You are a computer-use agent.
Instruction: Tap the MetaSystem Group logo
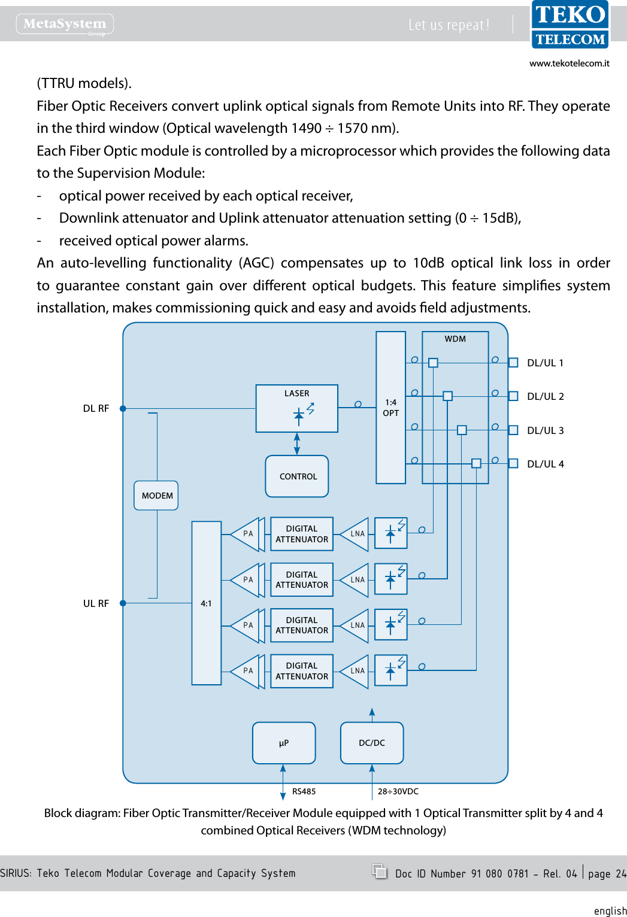pyautogui.click(x=65, y=24)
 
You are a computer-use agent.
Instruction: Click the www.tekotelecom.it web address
pyautogui.click(x=569, y=63)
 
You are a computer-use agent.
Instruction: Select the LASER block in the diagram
pyautogui.click(x=296, y=408)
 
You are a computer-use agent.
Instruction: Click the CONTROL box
pyautogui.click(x=297, y=476)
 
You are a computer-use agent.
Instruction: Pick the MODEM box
pyautogui.click(x=156, y=496)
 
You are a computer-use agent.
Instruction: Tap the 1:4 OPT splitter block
pyautogui.click(x=390, y=408)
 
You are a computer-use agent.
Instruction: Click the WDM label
pyautogui.click(x=455, y=339)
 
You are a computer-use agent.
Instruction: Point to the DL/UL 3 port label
pyautogui.click(x=545, y=430)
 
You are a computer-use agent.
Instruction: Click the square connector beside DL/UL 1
pyautogui.click(x=513, y=363)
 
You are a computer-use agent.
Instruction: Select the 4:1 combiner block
pyautogui.click(x=206, y=603)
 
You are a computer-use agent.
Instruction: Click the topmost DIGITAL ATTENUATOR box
pyautogui.click(x=302, y=534)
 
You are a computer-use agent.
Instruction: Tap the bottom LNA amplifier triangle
pyautogui.click(x=356, y=671)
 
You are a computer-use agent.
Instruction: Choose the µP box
pyautogui.click(x=284, y=743)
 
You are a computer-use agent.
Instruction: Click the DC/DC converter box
pyautogui.click(x=372, y=743)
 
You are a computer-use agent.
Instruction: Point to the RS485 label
pyautogui.click(x=304, y=791)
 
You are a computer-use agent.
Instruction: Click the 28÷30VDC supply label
pyautogui.click(x=398, y=791)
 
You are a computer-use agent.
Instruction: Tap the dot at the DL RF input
pyautogui.click(x=123, y=409)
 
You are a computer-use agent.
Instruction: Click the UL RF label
pyautogui.click(x=96, y=603)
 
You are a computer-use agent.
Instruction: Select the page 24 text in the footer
pyautogui.click(x=607, y=874)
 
